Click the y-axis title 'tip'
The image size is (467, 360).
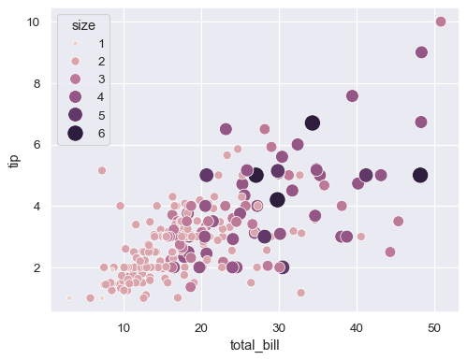[x=13, y=160]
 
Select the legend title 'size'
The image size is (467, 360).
[x=83, y=25]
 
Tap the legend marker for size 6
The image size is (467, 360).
[x=70, y=134]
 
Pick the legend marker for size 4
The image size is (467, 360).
[x=70, y=97]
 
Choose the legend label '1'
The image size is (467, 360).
[x=100, y=44]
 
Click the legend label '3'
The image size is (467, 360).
[x=100, y=79]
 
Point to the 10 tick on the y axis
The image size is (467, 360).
[x=32, y=22]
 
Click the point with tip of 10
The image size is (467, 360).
[x=441, y=22]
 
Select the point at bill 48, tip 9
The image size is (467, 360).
[x=421, y=52]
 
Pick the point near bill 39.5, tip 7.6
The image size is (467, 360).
[x=352, y=95]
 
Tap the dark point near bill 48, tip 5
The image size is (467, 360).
[x=420, y=175]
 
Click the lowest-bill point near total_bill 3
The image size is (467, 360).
[x=69, y=298]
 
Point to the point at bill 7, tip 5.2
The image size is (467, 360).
[x=102, y=170]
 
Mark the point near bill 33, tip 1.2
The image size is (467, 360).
[x=301, y=293]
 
